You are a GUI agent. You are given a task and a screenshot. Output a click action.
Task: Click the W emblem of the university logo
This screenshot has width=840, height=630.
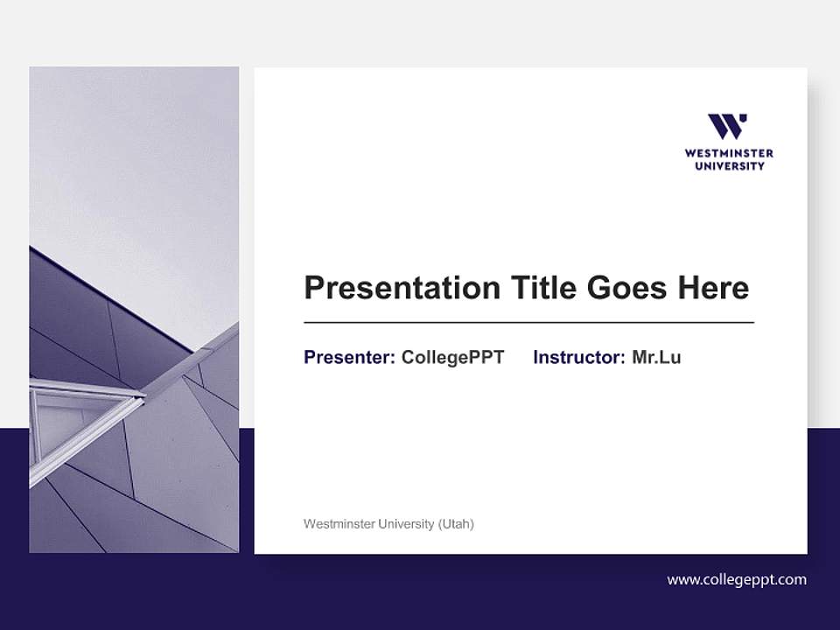[x=728, y=127]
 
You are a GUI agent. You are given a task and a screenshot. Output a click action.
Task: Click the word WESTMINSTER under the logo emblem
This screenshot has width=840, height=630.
[x=729, y=153]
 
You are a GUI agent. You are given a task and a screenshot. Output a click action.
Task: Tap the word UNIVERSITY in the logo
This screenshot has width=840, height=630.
[x=729, y=165]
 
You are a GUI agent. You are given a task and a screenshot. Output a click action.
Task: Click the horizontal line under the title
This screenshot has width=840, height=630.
[x=528, y=323]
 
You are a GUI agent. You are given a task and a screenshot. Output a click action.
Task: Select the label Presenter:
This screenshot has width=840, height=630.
[x=349, y=357]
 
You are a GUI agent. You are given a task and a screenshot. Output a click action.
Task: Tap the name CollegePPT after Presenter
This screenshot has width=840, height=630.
[x=452, y=357]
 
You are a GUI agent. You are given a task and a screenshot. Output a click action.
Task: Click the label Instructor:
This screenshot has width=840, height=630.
[x=578, y=357]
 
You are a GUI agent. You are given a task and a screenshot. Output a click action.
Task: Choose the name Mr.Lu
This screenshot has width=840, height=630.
[x=656, y=357]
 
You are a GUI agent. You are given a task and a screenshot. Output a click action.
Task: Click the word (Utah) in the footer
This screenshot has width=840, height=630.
[x=456, y=524]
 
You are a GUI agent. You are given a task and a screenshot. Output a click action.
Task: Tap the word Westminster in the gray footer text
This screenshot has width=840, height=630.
[x=337, y=524]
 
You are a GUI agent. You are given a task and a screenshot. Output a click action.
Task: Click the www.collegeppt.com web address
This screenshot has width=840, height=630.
[x=737, y=579]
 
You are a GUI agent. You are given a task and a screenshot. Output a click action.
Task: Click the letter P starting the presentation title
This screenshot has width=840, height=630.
[x=314, y=288]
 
